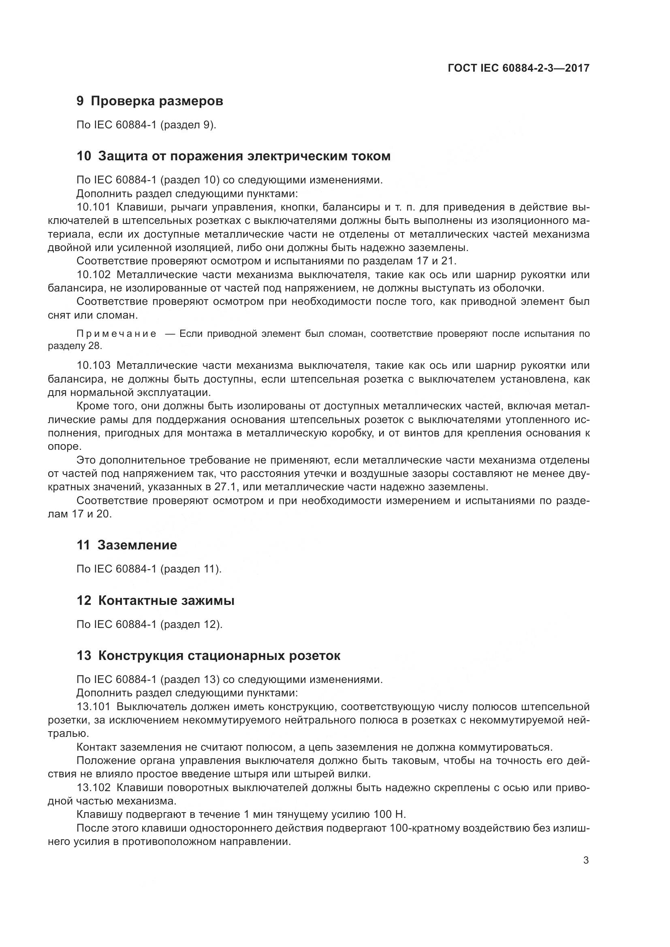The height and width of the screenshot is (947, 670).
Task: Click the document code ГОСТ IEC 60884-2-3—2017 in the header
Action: pos(518,68)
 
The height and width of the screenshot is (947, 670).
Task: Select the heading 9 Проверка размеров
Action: pos(150,101)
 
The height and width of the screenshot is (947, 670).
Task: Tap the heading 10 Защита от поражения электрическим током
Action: pos(233,156)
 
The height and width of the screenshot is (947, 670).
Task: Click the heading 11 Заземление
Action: pos(127,545)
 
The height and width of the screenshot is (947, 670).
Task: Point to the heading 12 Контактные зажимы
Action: pos(156,601)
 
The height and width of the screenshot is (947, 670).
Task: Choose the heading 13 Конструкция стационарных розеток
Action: pos(208,656)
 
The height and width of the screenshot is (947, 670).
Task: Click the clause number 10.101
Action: pos(93,207)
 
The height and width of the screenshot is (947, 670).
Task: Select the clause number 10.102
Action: pos(93,275)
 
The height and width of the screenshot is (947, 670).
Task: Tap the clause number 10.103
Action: pos(93,366)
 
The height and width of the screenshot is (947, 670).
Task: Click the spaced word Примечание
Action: pos(117,334)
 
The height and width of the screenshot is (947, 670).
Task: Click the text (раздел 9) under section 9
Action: pos(188,125)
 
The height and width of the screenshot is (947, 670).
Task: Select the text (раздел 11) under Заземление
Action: pos(191,569)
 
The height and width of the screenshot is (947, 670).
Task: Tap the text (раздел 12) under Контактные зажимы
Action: pos(191,624)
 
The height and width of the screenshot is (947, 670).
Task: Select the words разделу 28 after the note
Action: pos(74,346)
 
